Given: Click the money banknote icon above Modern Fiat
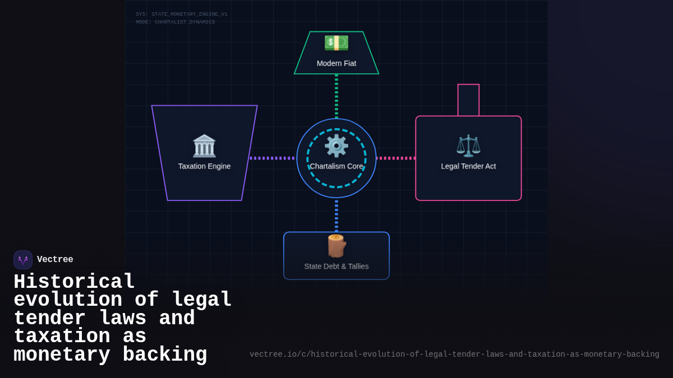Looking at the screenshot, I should tap(336, 43).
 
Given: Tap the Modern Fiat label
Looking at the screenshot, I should tap(336, 63).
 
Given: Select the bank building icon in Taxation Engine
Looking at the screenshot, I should tap(204, 146).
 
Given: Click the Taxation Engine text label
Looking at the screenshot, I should tap(204, 166).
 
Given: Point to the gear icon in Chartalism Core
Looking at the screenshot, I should tap(336, 146).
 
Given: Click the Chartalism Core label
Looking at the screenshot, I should tap(336, 166).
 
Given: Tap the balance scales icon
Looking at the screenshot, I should tap(468, 146).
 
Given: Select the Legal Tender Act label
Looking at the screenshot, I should tap(468, 166).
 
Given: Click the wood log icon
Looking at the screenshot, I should tap(336, 246).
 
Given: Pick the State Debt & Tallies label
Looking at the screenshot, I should tap(336, 267).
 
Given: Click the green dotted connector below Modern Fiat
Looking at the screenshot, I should tap(336, 96).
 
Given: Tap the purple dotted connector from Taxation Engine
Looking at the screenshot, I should tap(273, 158).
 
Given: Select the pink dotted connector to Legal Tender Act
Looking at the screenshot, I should tap(396, 158).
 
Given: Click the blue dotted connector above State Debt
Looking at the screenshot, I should tap(336, 216).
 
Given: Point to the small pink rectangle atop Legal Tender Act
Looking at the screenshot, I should tap(468, 100).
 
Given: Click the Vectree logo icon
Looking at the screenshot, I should tap(23, 260).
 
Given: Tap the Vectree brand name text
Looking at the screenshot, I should tap(55, 260).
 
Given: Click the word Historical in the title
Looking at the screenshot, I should tap(74, 282).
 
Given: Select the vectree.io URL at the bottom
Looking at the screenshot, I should tap(454, 354).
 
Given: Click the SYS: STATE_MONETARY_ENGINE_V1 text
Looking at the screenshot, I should tap(182, 15).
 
